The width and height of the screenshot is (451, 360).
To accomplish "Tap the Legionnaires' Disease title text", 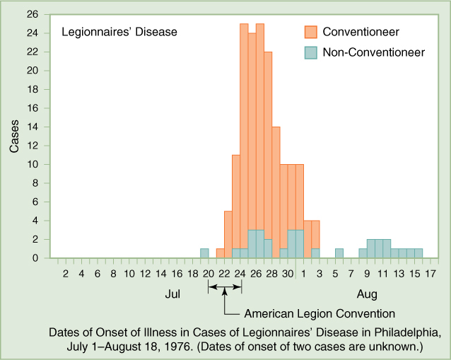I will click(x=119, y=32).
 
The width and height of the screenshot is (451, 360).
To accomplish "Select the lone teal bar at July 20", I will click(x=204, y=253).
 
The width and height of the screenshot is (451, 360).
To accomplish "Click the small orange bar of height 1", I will click(x=221, y=253).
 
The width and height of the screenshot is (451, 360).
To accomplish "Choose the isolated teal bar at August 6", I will click(x=339, y=253).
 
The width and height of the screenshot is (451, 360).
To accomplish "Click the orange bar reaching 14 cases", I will click(x=276, y=191).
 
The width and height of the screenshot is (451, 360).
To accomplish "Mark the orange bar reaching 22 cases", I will click(x=268, y=141).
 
